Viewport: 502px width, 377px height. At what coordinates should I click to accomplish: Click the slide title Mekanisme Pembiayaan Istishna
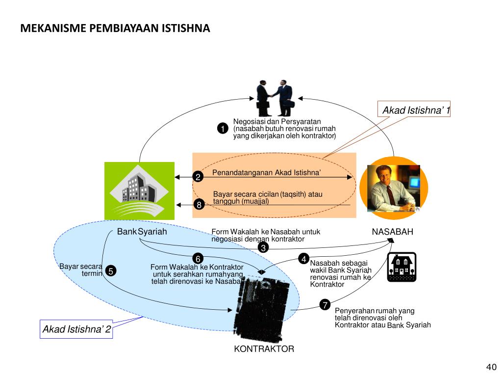point(115,28)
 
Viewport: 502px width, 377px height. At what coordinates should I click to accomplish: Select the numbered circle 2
point(198,177)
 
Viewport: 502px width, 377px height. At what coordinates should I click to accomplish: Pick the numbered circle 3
point(263,248)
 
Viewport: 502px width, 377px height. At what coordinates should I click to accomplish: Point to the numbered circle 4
point(304,259)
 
